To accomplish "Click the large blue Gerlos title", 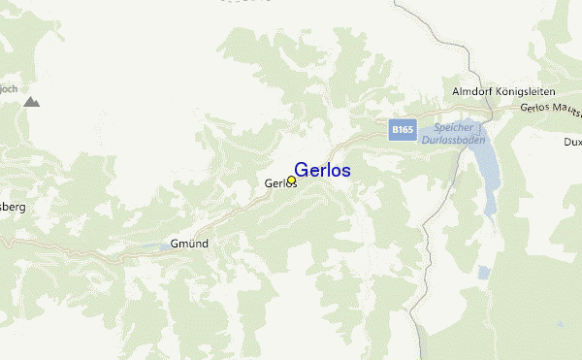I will [x=322, y=170].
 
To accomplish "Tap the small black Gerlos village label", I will [x=279, y=182].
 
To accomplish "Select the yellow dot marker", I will [x=291, y=180].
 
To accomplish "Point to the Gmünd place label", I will [x=189, y=243].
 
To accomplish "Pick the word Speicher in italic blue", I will [x=453, y=127].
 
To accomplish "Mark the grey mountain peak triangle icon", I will [x=32, y=101].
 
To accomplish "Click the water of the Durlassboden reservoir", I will [x=490, y=165].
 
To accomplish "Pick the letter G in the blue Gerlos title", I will [x=302, y=170].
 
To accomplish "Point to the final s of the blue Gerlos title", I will [x=346, y=171].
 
